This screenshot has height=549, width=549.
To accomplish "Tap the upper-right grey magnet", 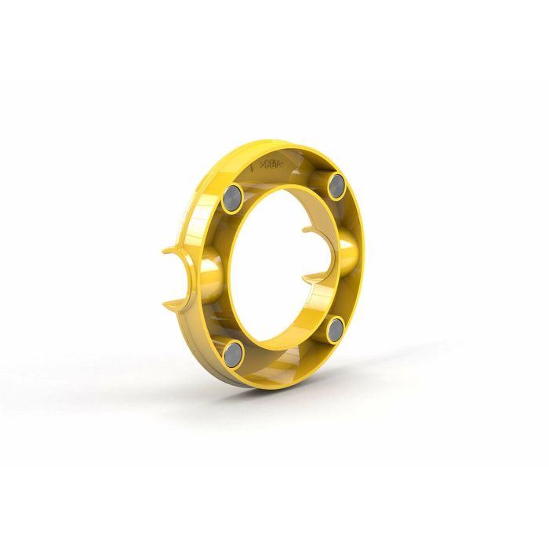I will tap(336, 186).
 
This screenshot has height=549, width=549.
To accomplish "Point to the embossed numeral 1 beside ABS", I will tap(252, 166).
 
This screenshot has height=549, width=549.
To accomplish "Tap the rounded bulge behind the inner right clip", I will tap(347, 253).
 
